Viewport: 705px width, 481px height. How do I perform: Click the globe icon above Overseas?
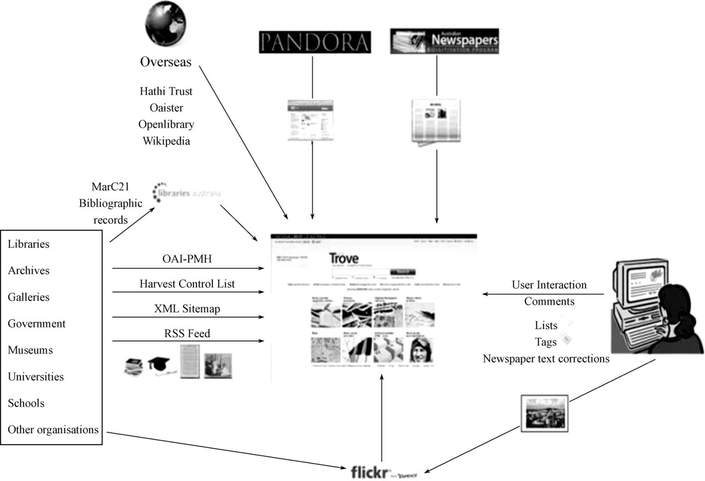click(166, 24)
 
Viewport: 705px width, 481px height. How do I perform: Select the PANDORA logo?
click(314, 42)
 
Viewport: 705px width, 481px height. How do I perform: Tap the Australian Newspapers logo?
click(444, 41)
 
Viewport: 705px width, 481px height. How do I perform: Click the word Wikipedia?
click(166, 141)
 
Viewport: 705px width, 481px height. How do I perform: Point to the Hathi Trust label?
click(166, 91)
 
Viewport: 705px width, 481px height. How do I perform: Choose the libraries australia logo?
click(187, 193)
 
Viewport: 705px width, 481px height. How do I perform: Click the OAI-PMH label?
click(187, 259)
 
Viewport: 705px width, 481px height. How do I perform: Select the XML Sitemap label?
click(187, 308)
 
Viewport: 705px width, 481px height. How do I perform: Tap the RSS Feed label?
click(187, 334)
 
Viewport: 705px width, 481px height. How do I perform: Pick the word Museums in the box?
click(30, 350)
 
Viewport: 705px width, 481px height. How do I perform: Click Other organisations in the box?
click(53, 430)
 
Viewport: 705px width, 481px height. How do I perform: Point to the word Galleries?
click(28, 297)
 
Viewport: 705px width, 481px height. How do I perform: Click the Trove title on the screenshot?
click(344, 258)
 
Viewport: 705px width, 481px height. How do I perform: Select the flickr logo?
click(370, 472)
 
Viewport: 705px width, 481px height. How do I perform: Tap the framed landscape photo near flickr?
click(544, 413)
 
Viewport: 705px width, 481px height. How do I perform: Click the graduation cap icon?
click(159, 365)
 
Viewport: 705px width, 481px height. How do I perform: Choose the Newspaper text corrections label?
click(546, 359)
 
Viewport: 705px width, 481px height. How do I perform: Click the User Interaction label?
click(549, 285)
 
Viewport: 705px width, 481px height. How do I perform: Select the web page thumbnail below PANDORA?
click(310, 120)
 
